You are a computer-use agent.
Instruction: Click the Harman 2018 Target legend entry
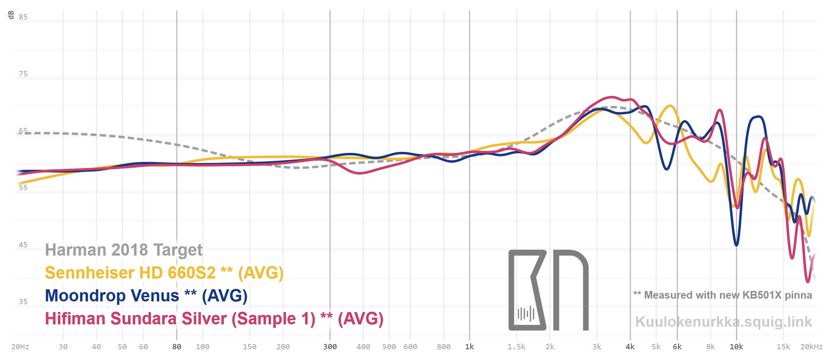(124, 250)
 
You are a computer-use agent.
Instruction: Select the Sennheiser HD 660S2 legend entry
(164, 273)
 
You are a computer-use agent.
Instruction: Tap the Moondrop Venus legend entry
(146, 295)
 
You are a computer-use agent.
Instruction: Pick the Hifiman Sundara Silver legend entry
(214, 318)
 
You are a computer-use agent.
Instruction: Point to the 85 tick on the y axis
(23, 17)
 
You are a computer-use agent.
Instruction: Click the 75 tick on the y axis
(23, 74)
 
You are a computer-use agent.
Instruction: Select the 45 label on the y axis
(23, 245)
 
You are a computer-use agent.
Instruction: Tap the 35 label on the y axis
(23, 302)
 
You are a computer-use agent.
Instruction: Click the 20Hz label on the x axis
(20, 347)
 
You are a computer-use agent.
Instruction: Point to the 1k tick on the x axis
(470, 347)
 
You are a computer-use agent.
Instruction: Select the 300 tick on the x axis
(330, 347)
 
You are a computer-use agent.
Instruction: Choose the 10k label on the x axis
(736, 347)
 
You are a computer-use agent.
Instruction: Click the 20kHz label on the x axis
(811, 347)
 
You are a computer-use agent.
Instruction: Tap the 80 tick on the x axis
(177, 347)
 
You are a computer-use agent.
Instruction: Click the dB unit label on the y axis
(11, 15)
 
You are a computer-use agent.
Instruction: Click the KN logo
(548, 290)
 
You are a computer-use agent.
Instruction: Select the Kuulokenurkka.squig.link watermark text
(723, 322)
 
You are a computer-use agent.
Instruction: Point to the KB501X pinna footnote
(722, 295)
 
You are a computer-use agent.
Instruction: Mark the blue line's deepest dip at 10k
(736, 245)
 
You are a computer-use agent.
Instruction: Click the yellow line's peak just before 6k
(670, 106)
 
